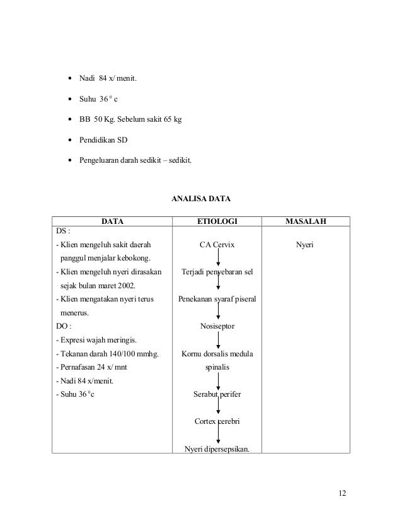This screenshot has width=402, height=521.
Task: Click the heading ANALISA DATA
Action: click(201, 199)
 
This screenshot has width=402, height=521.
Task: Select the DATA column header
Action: click(112, 222)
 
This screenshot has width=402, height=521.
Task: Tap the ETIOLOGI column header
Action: click(217, 222)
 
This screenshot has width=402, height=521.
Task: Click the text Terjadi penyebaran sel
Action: click(217, 272)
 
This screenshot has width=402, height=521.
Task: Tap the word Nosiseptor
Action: click(217, 327)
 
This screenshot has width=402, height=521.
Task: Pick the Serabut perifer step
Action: click(217, 395)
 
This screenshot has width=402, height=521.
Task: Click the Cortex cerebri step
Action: click(217, 421)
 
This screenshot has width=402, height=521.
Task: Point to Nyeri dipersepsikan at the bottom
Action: click(217, 449)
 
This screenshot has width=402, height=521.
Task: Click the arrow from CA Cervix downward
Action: click(218, 258)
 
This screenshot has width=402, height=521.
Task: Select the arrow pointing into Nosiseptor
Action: click(218, 313)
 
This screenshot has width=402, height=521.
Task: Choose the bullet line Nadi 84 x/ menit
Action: click(106, 79)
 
